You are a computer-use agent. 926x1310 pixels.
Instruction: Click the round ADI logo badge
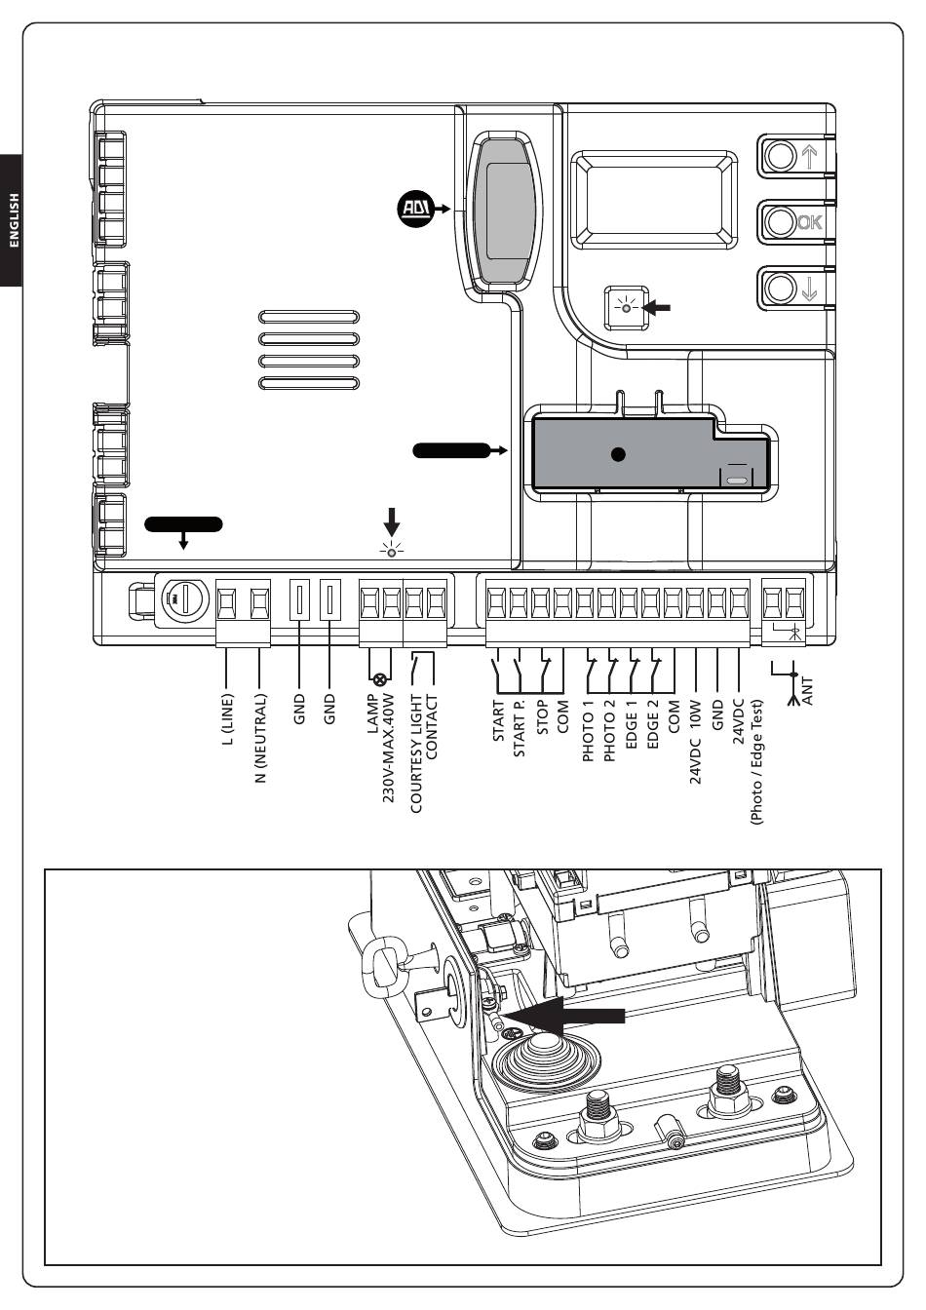coord(415,209)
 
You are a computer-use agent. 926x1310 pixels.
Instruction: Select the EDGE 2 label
coord(652,725)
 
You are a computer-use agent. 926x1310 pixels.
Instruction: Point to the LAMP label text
coord(372,713)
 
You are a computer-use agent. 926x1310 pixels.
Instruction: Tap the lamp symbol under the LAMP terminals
coord(380,679)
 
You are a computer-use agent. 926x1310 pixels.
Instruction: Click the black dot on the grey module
coord(617,454)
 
